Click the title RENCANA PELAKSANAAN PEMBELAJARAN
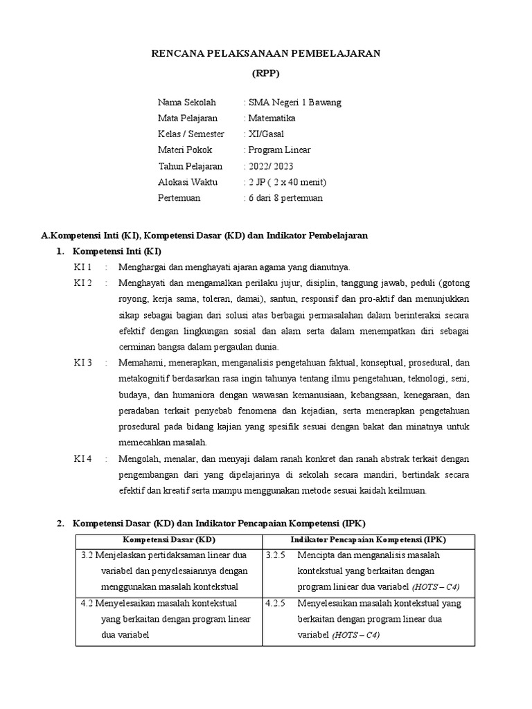(x=266, y=53)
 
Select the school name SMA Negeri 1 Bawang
(x=294, y=102)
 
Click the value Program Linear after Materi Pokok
(x=279, y=150)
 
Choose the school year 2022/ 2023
(x=270, y=166)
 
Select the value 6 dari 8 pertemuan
(x=285, y=198)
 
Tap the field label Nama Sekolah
(x=186, y=102)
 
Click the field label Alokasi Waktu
(x=188, y=182)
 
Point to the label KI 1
(x=83, y=267)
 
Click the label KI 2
(x=83, y=283)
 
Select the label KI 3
(x=83, y=363)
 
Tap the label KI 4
(x=83, y=459)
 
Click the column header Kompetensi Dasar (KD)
(x=169, y=539)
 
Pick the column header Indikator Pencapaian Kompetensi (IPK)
(x=369, y=539)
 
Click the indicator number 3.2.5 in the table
(x=276, y=555)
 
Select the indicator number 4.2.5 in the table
(x=276, y=603)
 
